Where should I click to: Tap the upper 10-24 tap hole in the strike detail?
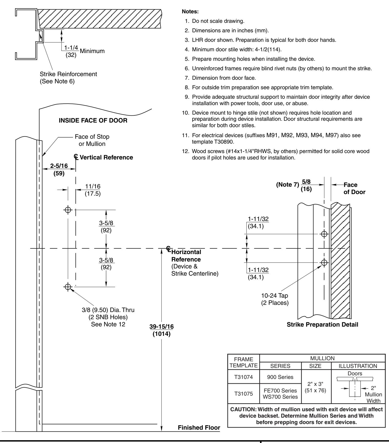point(324,234)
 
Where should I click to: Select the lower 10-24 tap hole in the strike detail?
point(324,262)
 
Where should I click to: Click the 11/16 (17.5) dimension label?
point(93,190)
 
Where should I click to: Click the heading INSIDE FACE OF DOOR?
point(93,120)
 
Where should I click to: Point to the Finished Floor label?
point(199,428)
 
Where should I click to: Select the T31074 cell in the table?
point(244,376)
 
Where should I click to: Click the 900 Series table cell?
point(281,376)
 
